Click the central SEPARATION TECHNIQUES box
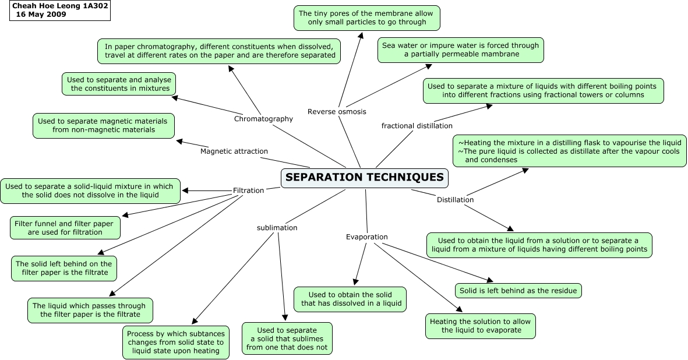(x=365, y=178)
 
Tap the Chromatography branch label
(x=263, y=119)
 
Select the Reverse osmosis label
(x=337, y=111)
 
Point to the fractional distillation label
(x=417, y=126)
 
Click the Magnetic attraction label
(x=234, y=151)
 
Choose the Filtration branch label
(x=248, y=190)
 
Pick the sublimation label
(x=277, y=228)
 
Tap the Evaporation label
(x=366, y=237)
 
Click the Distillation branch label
(x=455, y=200)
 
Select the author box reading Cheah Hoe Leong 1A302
(x=60, y=10)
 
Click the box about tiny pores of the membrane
(x=366, y=17)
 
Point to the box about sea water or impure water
(x=460, y=50)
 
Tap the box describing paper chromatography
(x=220, y=51)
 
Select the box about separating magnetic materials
(x=103, y=125)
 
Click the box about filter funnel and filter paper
(x=65, y=227)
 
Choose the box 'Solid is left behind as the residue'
(x=518, y=291)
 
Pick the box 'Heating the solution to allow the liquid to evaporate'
(x=480, y=326)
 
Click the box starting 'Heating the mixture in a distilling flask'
(x=569, y=151)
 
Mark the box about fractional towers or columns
(x=542, y=90)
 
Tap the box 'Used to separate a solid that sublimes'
(x=287, y=338)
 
